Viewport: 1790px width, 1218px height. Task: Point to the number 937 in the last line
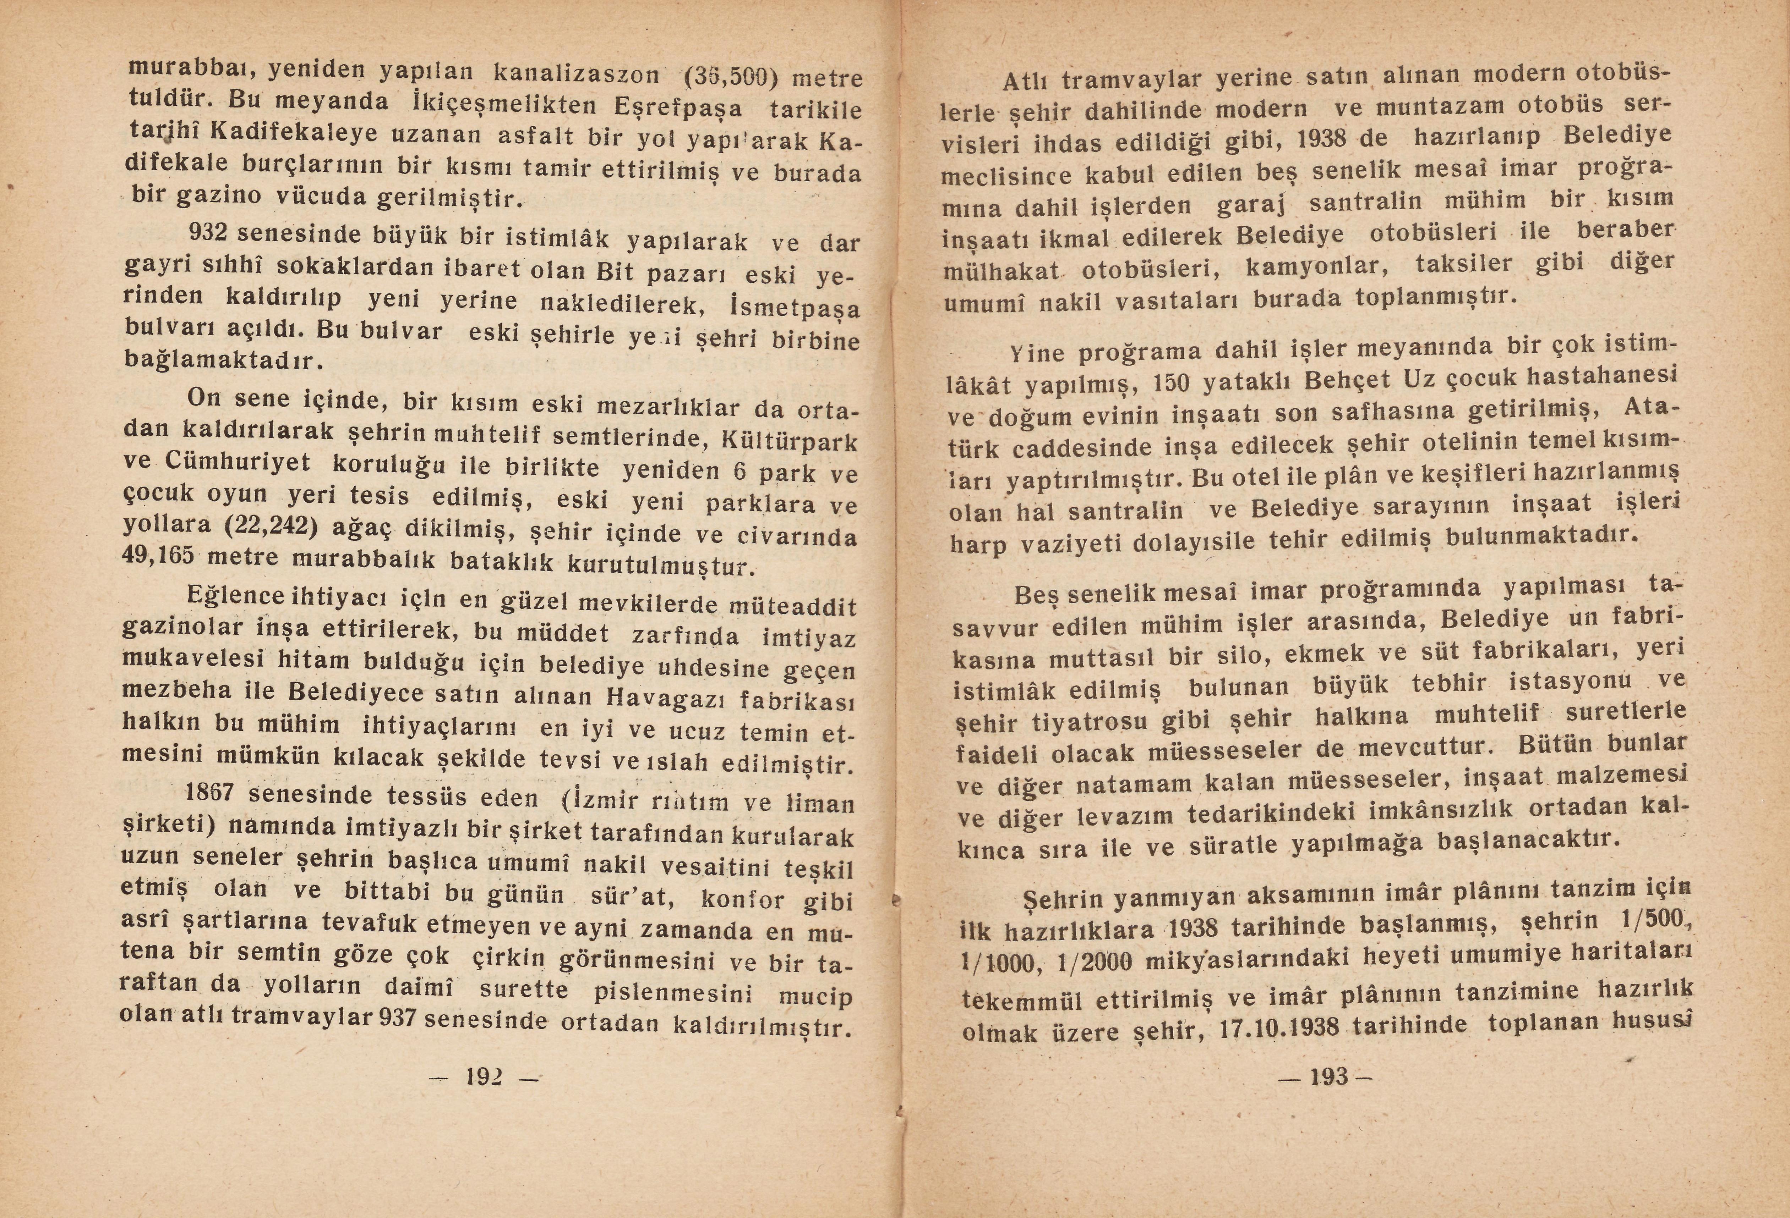[x=399, y=1018]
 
